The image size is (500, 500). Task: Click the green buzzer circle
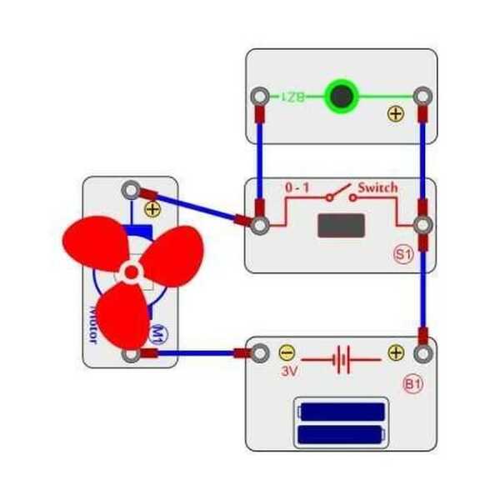click(x=340, y=97)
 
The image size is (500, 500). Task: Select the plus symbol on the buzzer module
click(x=396, y=115)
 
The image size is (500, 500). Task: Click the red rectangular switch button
click(x=340, y=226)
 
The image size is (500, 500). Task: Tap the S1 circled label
click(x=403, y=255)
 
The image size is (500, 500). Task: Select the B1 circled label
click(x=412, y=384)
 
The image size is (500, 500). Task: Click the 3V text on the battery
click(x=289, y=369)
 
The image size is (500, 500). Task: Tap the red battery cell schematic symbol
click(x=341, y=361)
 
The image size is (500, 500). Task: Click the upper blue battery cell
click(x=342, y=411)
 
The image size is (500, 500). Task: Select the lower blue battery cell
click(x=342, y=433)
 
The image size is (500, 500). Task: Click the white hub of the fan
click(x=131, y=271)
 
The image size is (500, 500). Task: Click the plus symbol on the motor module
click(x=152, y=209)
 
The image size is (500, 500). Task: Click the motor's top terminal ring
click(x=130, y=190)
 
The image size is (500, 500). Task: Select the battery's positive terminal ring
click(x=423, y=353)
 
